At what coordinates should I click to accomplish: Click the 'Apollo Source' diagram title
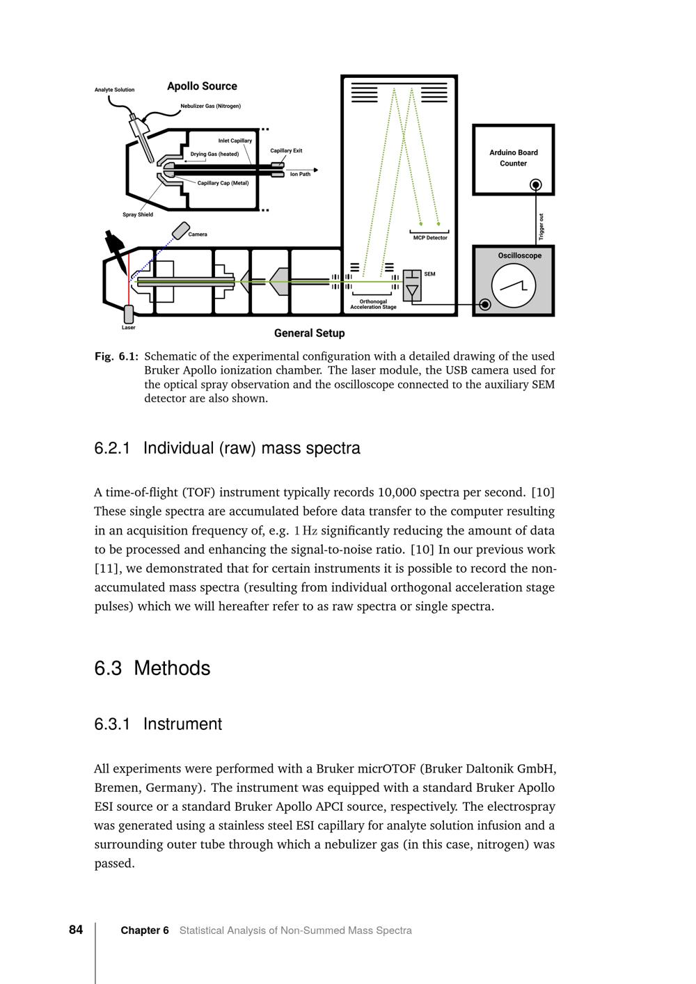(202, 86)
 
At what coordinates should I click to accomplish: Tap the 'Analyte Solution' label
(115, 90)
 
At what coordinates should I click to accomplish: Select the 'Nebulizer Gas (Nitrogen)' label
(210, 106)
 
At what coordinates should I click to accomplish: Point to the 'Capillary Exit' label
(286, 151)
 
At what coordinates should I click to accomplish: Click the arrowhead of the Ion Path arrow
(315, 170)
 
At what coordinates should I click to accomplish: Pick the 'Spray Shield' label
(138, 214)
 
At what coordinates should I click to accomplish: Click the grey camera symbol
(180, 230)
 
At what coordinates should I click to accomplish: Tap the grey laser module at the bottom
(129, 314)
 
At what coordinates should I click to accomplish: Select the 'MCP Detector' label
(430, 238)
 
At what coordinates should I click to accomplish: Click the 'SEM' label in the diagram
(429, 274)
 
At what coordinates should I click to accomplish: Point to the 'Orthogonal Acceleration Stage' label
(373, 304)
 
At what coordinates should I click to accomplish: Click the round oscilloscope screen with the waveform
(513, 286)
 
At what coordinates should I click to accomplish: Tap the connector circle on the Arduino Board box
(536, 184)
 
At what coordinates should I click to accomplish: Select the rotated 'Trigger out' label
(541, 227)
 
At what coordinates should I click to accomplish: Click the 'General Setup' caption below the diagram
(309, 333)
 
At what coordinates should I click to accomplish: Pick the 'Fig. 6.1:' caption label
(116, 356)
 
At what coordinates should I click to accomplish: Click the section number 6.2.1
(112, 448)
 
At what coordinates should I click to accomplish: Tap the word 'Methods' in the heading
(172, 668)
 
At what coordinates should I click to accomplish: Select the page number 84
(76, 930)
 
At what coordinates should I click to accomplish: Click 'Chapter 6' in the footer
(145, 930)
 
